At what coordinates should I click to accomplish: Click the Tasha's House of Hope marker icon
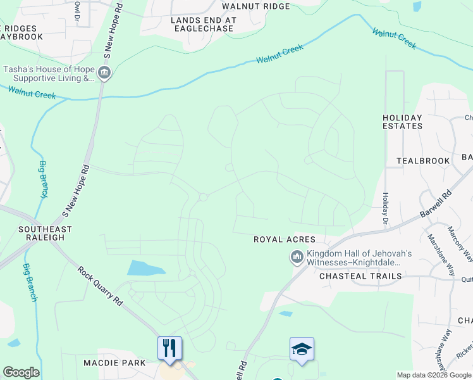(105, 74)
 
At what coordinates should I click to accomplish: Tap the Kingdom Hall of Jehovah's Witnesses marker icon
(297, 257)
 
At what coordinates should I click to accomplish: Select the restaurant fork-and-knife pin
(169, 348)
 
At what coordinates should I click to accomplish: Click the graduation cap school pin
(302, 348)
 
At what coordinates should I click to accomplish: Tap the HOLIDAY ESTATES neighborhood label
(402, 122)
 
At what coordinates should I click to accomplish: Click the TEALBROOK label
(423, 161)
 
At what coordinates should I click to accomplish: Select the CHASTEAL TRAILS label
(360, 276)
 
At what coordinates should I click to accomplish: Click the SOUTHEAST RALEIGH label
(45, 233)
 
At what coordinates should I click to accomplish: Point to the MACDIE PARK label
(114, 363)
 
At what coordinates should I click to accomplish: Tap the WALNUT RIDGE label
(255, 6)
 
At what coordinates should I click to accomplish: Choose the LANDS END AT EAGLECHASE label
(203, 24)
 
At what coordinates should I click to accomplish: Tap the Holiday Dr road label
(384, 207)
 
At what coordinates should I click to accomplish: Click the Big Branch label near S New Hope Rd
(43, 180)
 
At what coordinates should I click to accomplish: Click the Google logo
(21, 372)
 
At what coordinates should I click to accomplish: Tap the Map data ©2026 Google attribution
(434, 376)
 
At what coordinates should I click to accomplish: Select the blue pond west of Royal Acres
(146, 268)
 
